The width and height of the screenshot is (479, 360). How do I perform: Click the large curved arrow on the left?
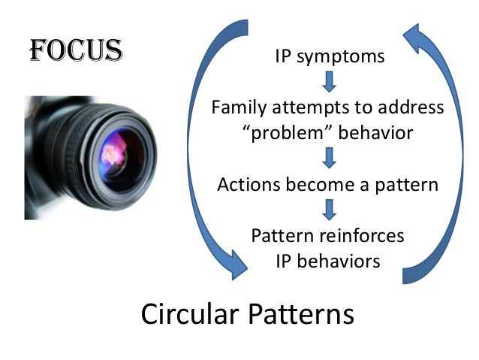[x=197, y=150]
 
